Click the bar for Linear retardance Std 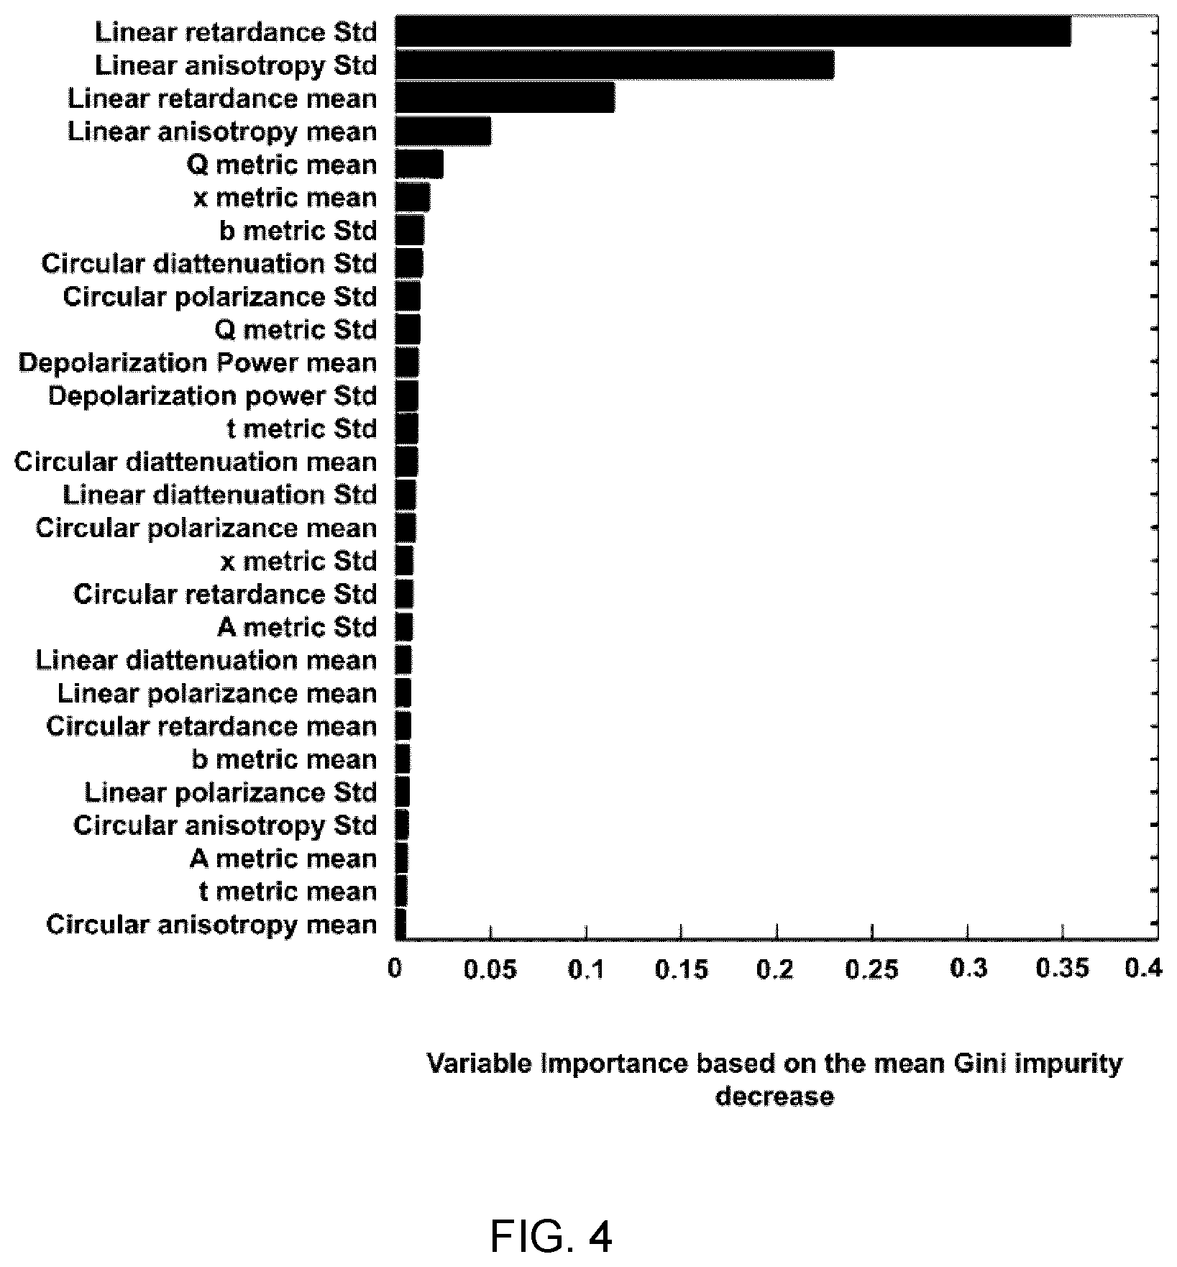pyautogui.click(x=733, y=32)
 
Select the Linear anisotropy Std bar pyautogui.click(x=615, y=65)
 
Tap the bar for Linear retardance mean pyautogui.click(x=505, y=98)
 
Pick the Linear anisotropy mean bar pyautogui.click(x=444, y=131)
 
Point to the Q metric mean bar pyautogui.click(x=420, y=164)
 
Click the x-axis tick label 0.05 pyautogui.click(x=490, y=970)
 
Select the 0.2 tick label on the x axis pyautogui.click(x=776, y=970)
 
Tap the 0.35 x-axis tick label pyautogui.click(x=1063, y=970)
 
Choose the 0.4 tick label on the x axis pyautogui.click(x=1143, y=970)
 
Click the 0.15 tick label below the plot pyautogui.click(x=682, y=970)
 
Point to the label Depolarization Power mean pyautogui.click(x=198, y=363)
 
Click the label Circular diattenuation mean pyautogui.click(x=196, y=462)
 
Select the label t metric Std pyautogui.click(x=302, y=429)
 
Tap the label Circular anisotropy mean pyautogui.click(x=212, y=925)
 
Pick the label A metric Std pyautogui.click(x=298, y=628)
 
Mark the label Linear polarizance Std pyautogui.click(x=231, y=792)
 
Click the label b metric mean pyautogui.click(x=285, y=759)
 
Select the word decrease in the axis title pyautogui.click(x=775, y=1097)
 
